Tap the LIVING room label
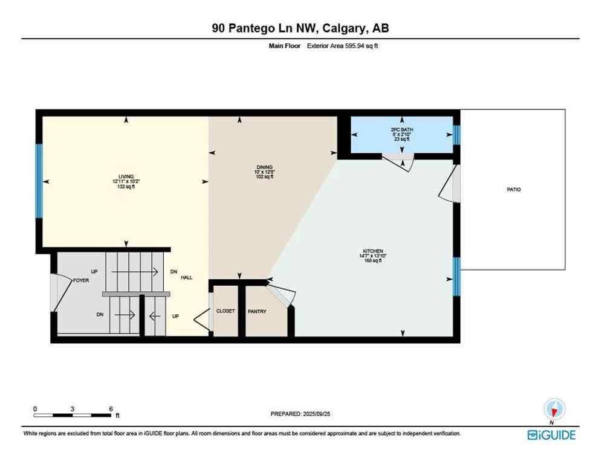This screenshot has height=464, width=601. (126, 176)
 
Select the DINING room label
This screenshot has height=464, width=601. (264, 167)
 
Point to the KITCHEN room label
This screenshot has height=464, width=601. (373, 251)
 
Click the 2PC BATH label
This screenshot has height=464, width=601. (401, 130)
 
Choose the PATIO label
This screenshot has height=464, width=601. (513, 190)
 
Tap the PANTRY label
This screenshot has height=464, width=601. (258, 311)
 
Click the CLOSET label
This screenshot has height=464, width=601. (226, 311)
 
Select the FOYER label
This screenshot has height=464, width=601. (82, 281)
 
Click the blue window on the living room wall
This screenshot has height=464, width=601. (39, 181)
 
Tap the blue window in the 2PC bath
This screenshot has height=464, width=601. (456, 135)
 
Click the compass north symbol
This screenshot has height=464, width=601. (553, 409)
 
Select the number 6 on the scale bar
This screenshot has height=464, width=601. (111, 409)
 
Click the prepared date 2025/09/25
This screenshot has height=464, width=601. (300, 414)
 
